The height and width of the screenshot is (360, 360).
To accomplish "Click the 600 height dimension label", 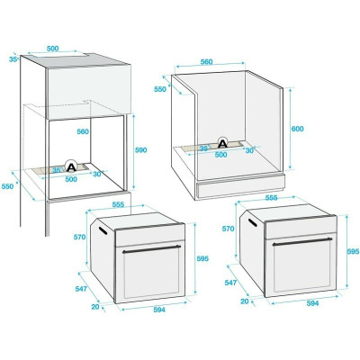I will pos(298,129).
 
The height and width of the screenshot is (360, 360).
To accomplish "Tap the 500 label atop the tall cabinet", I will pos(53,49).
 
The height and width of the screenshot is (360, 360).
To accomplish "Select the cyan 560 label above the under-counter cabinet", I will pos(206,61).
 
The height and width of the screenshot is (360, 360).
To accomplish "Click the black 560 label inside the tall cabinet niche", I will pos(84,131).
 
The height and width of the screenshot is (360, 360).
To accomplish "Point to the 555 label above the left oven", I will pos(118,205).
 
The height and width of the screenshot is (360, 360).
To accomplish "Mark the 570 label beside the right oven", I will pos(228,229).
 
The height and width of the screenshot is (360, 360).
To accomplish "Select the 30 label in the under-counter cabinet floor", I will pos(250,150).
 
